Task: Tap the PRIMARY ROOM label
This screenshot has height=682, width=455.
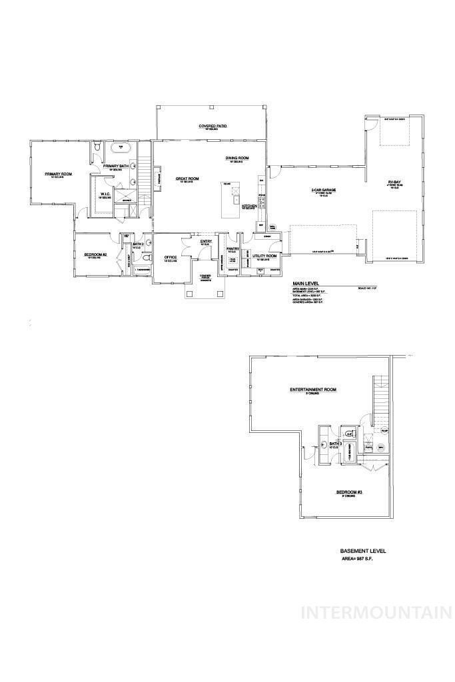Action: [58, 174]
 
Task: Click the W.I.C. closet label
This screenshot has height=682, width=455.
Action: [104, 195]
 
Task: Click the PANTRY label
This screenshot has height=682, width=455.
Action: [232, 248]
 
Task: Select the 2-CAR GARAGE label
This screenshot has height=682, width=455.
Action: [323, 190]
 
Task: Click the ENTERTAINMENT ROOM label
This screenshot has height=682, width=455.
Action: [312, 390]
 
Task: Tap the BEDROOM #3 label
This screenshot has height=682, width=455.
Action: [348, 492]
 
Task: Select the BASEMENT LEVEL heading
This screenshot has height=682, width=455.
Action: [363, 551]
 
